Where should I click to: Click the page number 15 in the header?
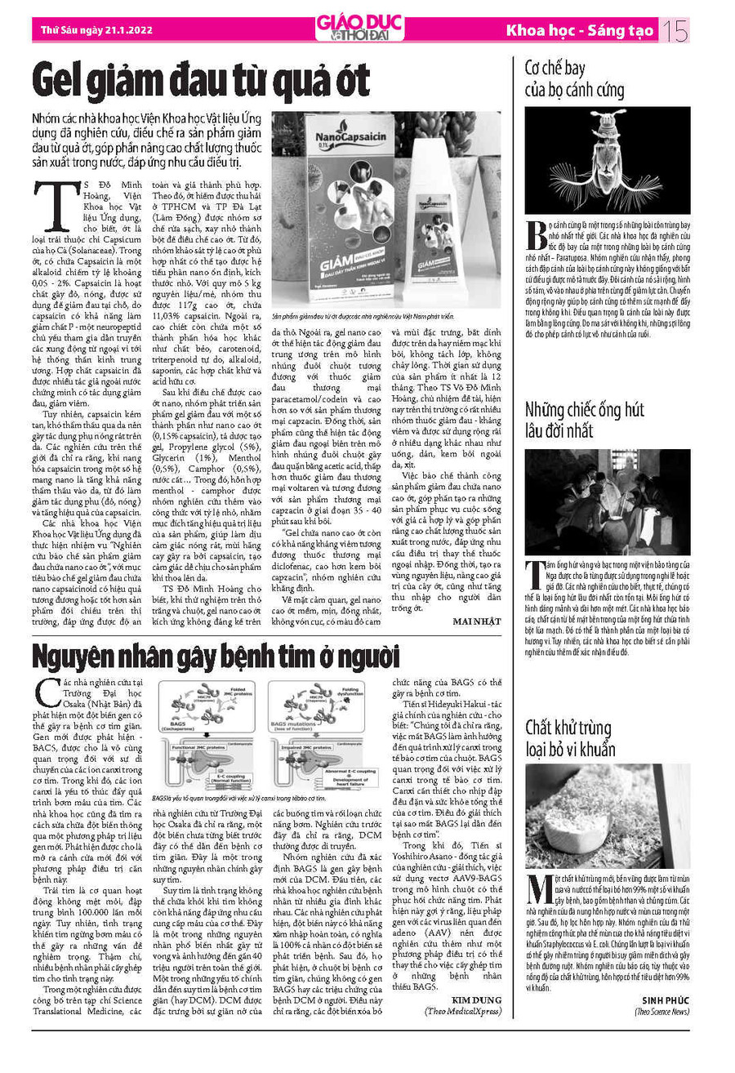[x=676, y=32]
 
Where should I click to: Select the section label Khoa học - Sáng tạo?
[x=580, y=32]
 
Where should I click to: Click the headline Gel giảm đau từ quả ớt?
[x=201, y=82]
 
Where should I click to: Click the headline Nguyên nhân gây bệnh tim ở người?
[x=204, y=656]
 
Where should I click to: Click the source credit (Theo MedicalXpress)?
[x=462, y=1010]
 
